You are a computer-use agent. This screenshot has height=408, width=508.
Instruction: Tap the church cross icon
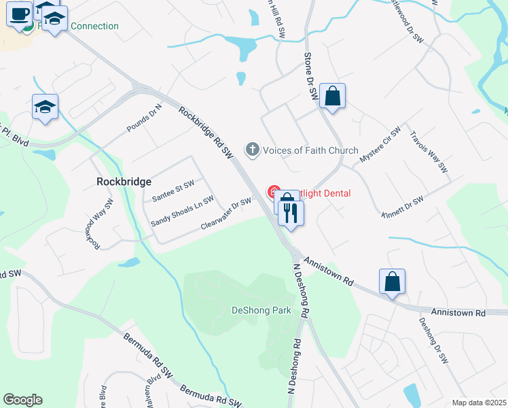tap(253, 149)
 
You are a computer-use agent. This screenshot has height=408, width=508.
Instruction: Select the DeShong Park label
tap(261, 310)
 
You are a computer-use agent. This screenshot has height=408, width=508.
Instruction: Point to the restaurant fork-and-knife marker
tap(291, 214)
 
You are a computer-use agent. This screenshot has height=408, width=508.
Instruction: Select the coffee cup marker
tap(20, 14)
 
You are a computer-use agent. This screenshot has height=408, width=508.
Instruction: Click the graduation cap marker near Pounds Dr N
tap(46, 107)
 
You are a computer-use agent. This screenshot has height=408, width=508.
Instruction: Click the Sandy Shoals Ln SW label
tap(182, 211)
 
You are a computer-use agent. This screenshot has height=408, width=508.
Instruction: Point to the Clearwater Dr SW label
tap(226, 214)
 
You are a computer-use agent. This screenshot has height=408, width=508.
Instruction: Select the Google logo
tap(22, 400)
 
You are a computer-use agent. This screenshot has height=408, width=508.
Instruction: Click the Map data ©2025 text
tap(479, 403)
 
